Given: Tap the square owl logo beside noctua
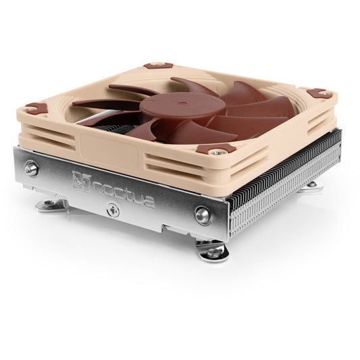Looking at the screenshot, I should click(x=79, y=178).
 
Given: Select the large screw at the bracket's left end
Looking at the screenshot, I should click(x=32, y=169).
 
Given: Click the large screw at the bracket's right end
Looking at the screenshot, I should click(x=203, y=215).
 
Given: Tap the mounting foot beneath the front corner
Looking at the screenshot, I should click(x=213, y=251).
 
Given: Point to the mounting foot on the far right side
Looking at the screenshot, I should click(x=313, y=184).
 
